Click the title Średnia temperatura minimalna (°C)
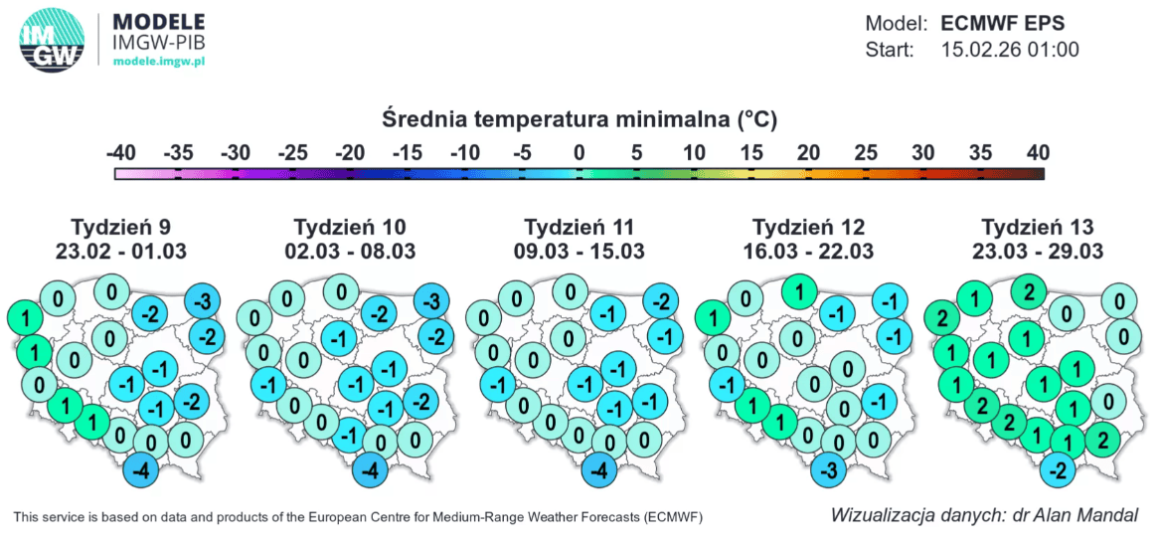tap(579, 120)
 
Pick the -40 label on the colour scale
tap(121, 153)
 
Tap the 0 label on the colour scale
tap(579, 153)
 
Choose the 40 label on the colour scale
tap(1036, 153)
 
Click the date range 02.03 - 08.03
tap(351, 251)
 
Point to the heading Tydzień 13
tap(1041, 226)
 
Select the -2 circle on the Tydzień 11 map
tap(661, 301)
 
